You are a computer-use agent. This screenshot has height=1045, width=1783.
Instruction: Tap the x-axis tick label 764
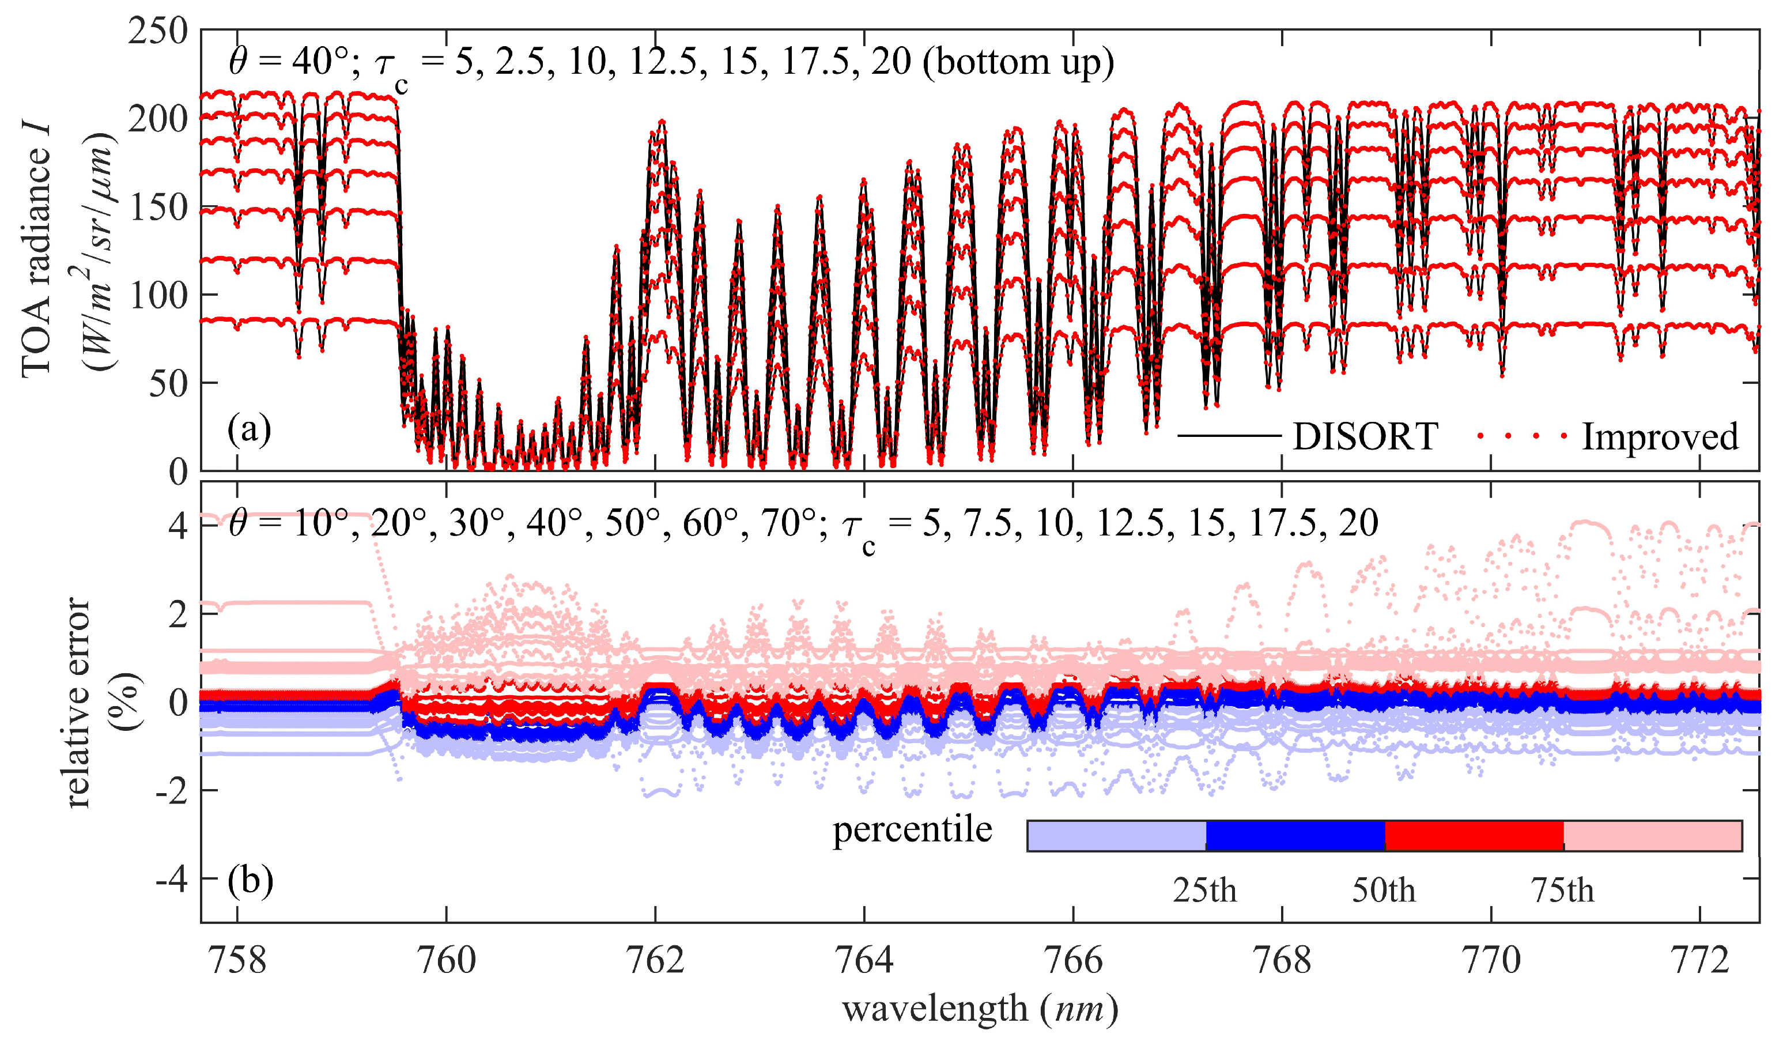point(864,961)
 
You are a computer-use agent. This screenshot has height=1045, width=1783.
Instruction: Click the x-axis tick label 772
point(1699,961)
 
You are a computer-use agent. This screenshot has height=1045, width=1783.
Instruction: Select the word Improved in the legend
point(1659,436)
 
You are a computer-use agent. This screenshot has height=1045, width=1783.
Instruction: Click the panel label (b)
point(250,881)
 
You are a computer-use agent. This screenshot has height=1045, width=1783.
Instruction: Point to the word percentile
point(912,829)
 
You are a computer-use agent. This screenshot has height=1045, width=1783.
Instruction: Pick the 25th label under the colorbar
point(1204,890)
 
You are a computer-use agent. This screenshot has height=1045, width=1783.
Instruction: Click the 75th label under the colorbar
point(1562,890)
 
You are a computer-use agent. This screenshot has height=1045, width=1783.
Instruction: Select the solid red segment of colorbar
point(1473,836)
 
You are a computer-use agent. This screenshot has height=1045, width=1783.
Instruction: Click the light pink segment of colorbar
point(1652,836)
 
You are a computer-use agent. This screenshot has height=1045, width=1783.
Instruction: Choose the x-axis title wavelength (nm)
point(980,1009)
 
